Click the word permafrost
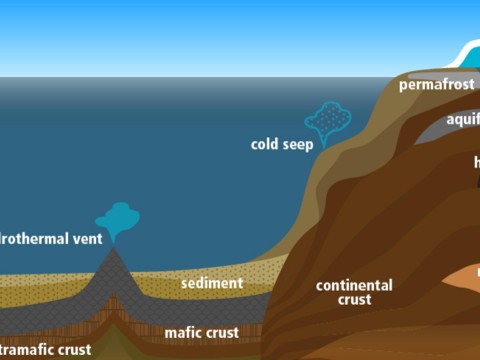pyautogui.click(x=436, y=85)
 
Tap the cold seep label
pyautogui.click(x=281, y=144)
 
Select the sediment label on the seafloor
pyautogui.click(x=211, y=283)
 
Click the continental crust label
pyautogui.click(x=354, y=292)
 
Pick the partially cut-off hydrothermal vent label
pyautogui.click(x=48, y=240)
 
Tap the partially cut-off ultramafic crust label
pyautogui.click(x=45, y=349)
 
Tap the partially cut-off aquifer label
pyautogui.click(x=463, y=120)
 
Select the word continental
pyautogui.click(x=354, y=285)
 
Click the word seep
pyautogui.click(x=297, y=144)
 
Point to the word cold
pyautogui.click(x=265, y=144)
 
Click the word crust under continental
pyautogui.click(x=354, y=299)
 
